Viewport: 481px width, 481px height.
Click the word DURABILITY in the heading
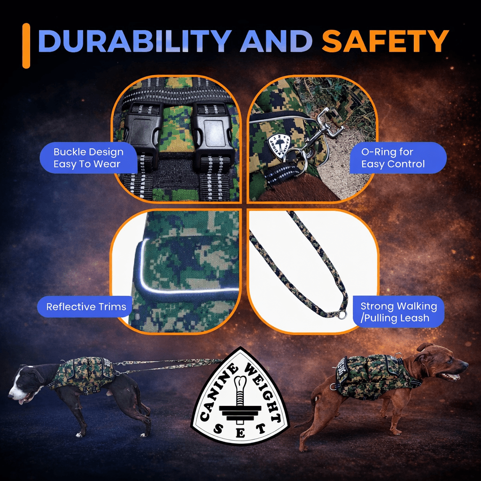point(135,41)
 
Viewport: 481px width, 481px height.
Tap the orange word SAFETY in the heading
point(385,41)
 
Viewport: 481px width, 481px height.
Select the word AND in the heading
point(276,41)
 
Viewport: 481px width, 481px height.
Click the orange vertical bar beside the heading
point(26,46)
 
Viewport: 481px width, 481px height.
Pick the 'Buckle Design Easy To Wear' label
point(88,158)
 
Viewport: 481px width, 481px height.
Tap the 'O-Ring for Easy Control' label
point(398,158)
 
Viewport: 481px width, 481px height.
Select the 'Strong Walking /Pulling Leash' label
point(398,312)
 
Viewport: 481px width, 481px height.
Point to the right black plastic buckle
point(212,135)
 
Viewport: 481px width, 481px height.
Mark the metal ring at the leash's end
point(342,315)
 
